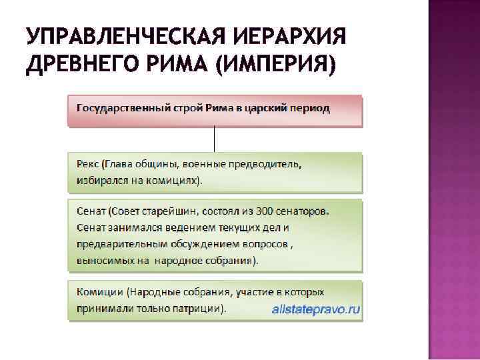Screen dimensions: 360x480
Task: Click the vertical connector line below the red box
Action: tap(215, 139)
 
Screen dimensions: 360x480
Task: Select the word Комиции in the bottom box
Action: tap(99, 293)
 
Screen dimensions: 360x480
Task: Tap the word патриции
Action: tap(198, 309)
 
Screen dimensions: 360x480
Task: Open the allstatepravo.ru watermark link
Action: tap(315, 309)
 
